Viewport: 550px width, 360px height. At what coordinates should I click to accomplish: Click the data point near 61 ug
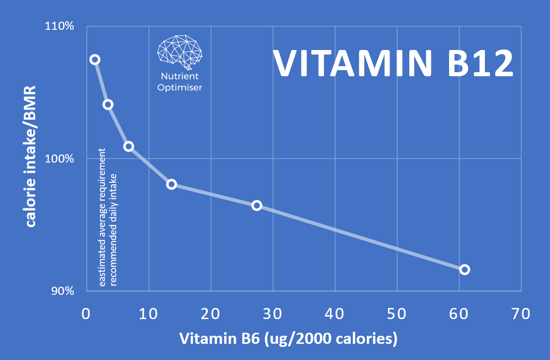(x=464, y=270)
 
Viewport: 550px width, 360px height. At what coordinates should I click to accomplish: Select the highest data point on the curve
(x=94, y=60)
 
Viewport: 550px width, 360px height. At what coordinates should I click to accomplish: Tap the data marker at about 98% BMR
(x=172, y=184)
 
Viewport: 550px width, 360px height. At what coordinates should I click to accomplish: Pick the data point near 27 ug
(x=257, y=205)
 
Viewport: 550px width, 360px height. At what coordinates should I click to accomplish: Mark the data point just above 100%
(x=129, y=146)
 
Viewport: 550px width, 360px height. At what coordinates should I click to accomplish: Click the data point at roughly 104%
(x=108, y=105)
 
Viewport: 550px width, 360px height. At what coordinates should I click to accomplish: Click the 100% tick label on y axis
(x=60, y=159)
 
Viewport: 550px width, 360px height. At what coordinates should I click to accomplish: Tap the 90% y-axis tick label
(x=62, y=291)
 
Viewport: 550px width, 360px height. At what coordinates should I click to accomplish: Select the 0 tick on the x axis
(x=86, y=314)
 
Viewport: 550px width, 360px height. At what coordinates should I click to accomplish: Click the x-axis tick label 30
(x=272, y=314)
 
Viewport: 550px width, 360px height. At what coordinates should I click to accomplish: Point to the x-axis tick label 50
(x=397, y=314)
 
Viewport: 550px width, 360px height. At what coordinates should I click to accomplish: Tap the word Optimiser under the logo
(x=180, y=87)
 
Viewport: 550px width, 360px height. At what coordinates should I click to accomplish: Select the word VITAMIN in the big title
(x=353, y=63)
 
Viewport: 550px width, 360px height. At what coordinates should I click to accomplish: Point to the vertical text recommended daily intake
(x=114, y=230)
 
